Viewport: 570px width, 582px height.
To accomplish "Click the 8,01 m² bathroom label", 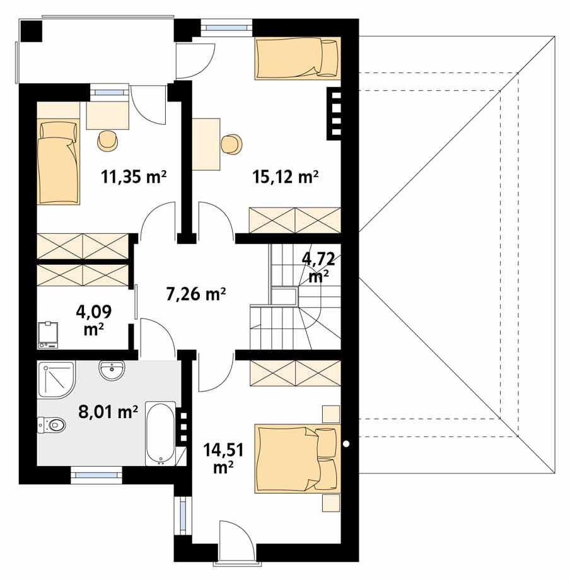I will click(108, 412).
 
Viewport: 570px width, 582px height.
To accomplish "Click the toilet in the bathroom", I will click(52, 426).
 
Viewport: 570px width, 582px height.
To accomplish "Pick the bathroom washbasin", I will click(114, 370).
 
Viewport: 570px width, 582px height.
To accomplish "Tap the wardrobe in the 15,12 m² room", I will click(294, 220).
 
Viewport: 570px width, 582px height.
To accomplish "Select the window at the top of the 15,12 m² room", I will click(226, 27).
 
